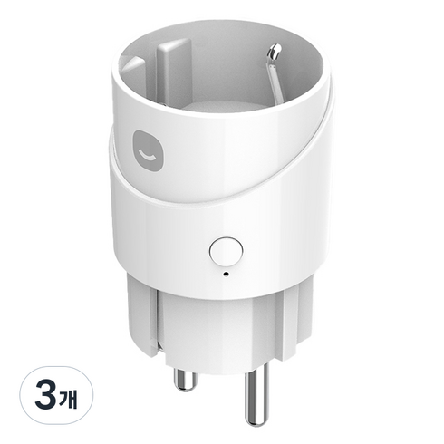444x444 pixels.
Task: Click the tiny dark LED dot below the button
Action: click(x=226, y=275)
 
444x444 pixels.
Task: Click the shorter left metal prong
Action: click(x=185, y=381)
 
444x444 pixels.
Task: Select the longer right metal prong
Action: click(x=256, y=394)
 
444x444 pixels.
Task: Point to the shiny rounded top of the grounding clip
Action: click(x=275, y=50)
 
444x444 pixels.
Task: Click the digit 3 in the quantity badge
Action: click(x=45, y=395)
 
